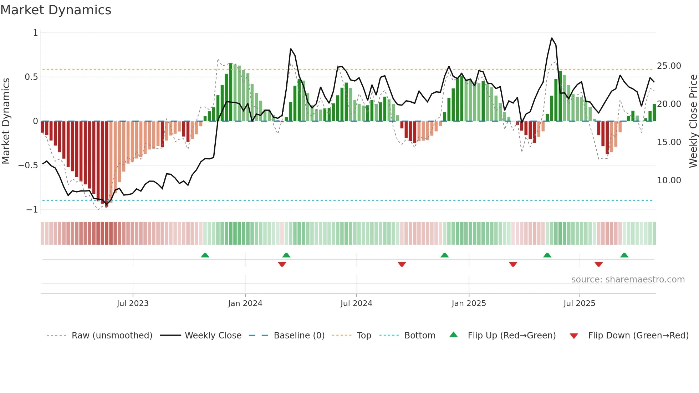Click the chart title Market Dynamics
coord(56,10)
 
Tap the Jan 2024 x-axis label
coord(245,303)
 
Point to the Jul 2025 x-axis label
coord(579,303)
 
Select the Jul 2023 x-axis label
coord(133,303)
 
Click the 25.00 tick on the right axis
coord(669,66)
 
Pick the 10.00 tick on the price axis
coord(669,180)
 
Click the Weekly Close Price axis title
coord(693,121)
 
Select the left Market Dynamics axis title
coord(6,121)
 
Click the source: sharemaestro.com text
coord(628,280)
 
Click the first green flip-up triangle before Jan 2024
coord(205,255)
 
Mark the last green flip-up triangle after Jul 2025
coord(624,255)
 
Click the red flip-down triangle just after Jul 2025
coord(599,264)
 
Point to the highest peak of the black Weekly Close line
coord(552,38)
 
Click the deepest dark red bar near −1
coord(107,164)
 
